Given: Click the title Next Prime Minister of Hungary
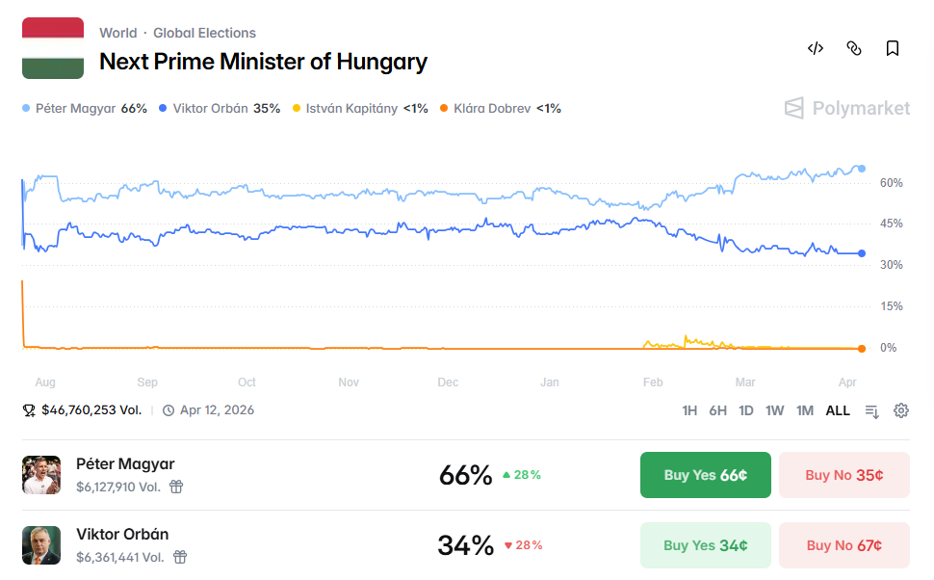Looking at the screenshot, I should click(263, 62).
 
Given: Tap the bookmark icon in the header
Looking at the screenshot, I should click(893, 48).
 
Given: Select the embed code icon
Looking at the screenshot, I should click(816, 48).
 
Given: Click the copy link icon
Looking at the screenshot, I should click(854, 48).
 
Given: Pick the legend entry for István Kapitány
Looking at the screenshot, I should click(359, 108).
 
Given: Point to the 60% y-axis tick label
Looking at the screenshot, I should click(891, 183).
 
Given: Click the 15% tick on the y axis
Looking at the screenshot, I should click(891, 306).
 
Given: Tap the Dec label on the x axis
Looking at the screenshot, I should click(448, 382).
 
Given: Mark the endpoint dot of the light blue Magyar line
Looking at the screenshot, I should click(861, 169).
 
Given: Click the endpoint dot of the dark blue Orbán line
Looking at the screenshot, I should click(861, 253).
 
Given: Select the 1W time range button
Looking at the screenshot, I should click(774, 410).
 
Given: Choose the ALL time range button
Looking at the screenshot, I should click(838, 410).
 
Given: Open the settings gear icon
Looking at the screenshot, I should click(901, 410).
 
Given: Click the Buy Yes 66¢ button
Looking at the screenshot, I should click(705, 475).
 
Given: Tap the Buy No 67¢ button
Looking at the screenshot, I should click(843, 545).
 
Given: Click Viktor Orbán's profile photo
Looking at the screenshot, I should click(41, 545).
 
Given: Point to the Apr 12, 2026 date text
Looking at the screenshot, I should click(217, 410).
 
